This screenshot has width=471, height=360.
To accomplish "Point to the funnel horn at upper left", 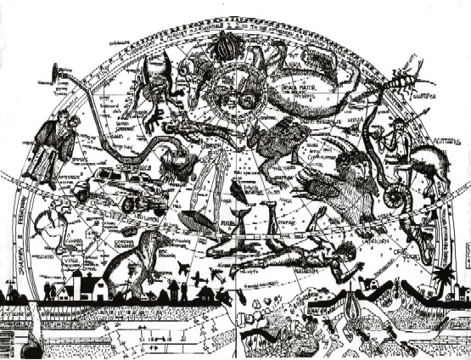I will (x=57, y=71).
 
